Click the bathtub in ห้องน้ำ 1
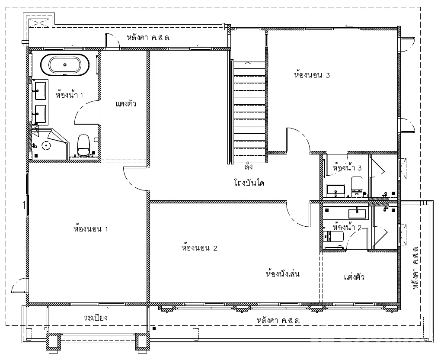tap(65, 65)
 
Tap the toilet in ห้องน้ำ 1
tap(83, 145)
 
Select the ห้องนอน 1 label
tap(91, 228)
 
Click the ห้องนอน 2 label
tap(199, 247)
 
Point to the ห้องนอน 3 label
tap(312, 75)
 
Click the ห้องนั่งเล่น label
tap(283, 273)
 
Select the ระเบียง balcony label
tap(96, 317)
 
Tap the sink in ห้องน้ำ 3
tap(335, 190)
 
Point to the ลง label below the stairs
tap(249, 167)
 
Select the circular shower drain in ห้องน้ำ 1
tap(46, 146)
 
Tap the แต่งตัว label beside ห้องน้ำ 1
tap(126, 103)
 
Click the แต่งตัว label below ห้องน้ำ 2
tap(354, 276)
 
